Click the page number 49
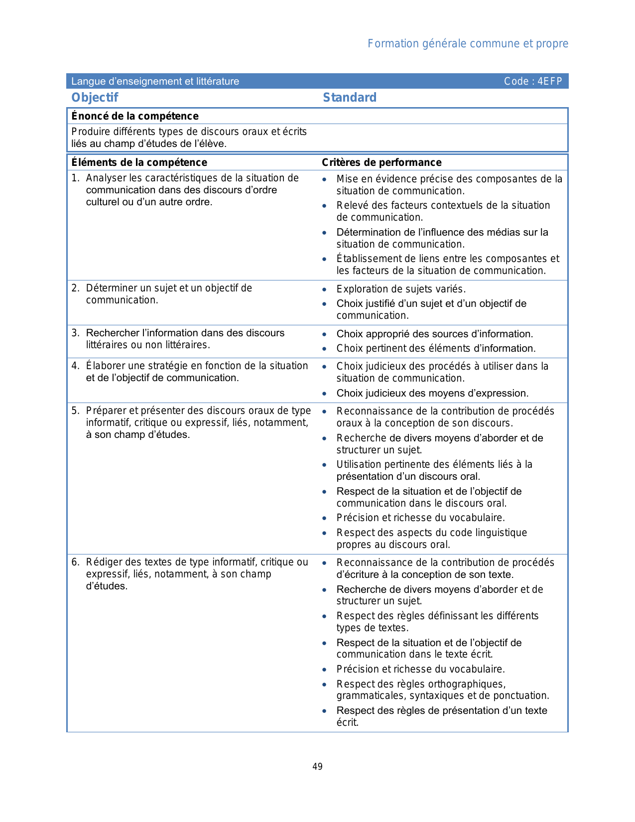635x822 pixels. (317, 767)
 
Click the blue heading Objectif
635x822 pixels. (95, 98)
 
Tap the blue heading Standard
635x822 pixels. (350, 98)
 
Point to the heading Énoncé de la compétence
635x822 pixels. (135, 116)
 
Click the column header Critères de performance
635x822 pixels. (381, 162)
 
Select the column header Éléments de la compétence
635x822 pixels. (139, 162)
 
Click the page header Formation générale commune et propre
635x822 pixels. (468, 44)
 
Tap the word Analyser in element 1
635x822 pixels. (106, 178)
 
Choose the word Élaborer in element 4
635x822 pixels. (105, 366)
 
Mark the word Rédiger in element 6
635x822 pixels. (104, 562)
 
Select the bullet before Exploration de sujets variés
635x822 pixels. (325, 289)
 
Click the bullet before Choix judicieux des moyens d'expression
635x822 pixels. (325, 394)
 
